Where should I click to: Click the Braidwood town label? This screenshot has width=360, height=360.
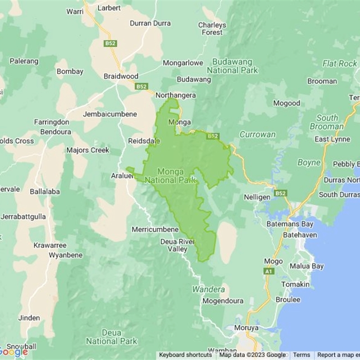pos(121,76)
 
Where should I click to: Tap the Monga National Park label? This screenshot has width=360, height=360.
pos(177,175)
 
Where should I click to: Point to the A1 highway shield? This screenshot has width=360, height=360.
pos(269,271)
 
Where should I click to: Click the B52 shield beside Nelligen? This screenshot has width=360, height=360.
pos(280,193)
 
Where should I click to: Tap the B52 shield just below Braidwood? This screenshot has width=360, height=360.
pos(141,86)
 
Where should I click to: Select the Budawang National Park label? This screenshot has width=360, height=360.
pos(232,66)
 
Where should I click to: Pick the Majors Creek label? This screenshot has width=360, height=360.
pos(88,150)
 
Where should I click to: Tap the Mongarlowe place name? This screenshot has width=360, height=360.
pos(183,63)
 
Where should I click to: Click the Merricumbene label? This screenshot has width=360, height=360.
pos(155,229)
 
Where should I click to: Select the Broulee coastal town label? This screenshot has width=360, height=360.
pos(288,300)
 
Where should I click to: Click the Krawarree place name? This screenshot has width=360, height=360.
pos(50,245)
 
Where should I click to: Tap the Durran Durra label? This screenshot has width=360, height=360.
pos(150,23)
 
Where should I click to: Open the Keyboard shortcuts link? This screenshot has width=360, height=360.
pos(185,355)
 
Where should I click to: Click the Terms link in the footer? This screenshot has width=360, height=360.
pos(301,355)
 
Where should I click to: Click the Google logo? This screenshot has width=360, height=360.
pos(13,352)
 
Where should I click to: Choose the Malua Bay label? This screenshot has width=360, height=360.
pos(306,266)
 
